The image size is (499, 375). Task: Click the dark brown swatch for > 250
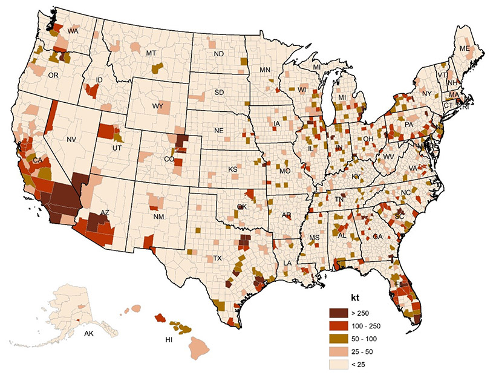click(338, 313)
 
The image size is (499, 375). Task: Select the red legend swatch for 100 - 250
click(338, 325)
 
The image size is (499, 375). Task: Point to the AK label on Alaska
click(89, 333)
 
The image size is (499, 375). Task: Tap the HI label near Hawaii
click(169, 340)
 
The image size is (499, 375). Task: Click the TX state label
click(218, 258)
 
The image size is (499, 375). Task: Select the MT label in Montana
click(151, 54)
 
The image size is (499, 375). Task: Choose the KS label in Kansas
click(232, 169)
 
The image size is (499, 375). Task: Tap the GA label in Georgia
click(377, 236)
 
